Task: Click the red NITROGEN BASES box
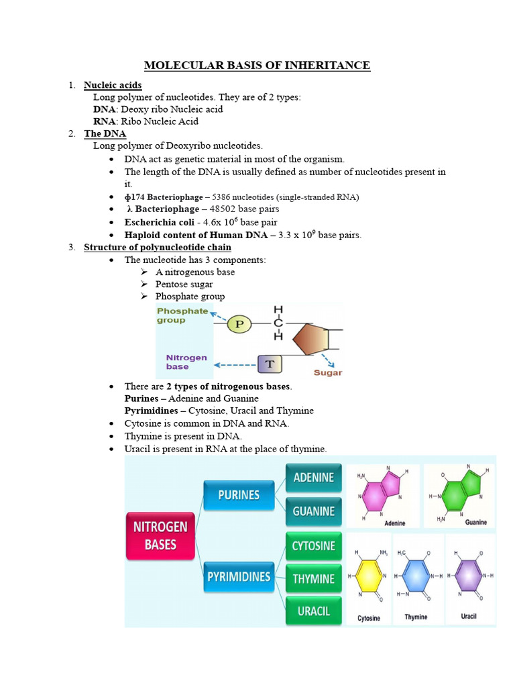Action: coord(160,536)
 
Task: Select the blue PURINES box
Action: coord(239,495)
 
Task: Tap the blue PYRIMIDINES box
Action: coord(239,577)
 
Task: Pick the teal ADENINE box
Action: coord(314,478)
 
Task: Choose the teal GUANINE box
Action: coord(314,511)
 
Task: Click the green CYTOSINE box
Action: coord(314,546)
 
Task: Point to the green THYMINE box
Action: coord(314,578)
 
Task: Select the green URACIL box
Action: coord(314,611)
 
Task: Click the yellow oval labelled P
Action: coord(240,325)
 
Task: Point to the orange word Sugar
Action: coord(328,372)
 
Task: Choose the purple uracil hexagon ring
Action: coord(468,576)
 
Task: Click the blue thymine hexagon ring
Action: coord(417,576)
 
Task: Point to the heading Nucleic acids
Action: coord(113,85)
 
